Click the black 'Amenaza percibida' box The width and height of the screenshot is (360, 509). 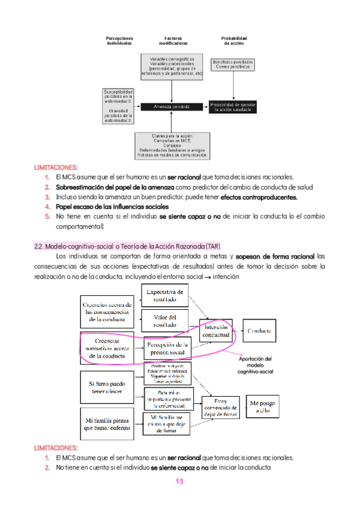(x=172, y=106)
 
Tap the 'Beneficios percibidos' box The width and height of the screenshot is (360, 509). (x=233, y=64)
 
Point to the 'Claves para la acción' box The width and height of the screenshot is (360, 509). (x=172, y=145)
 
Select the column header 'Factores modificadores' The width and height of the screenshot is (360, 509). (x=172, y=41)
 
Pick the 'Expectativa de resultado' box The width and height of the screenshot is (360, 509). (x=165, y=295)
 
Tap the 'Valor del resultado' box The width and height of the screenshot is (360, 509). (x=165, y=321)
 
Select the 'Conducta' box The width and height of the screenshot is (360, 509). (x=259, y=331)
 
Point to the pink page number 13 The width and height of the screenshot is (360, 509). (x=179, y=481)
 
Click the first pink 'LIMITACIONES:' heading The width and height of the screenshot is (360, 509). (x=56, y=168)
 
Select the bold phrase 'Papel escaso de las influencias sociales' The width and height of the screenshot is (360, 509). (x=112, y=206)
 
